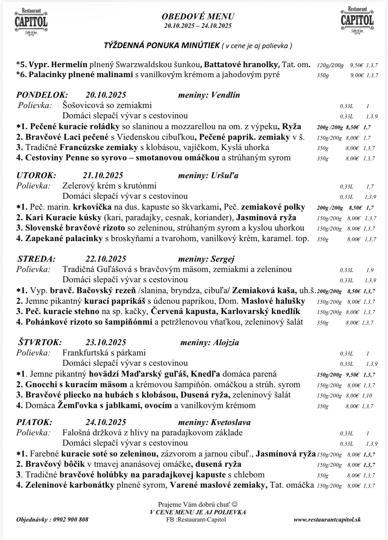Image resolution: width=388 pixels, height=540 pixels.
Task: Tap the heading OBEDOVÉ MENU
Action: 198,16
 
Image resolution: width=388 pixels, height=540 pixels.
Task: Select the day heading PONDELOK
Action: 42,95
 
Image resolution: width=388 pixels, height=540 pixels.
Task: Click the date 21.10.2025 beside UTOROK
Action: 103,175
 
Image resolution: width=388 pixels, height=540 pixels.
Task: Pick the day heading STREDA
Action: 36,259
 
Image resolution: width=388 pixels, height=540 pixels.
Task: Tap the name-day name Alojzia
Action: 226,342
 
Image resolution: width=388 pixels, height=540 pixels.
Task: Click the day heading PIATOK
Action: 34,422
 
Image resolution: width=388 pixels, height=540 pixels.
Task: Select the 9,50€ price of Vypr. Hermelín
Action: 357,65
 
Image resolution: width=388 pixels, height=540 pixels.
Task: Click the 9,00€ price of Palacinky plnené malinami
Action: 357,75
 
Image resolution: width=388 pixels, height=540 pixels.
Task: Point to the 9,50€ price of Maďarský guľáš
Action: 353,375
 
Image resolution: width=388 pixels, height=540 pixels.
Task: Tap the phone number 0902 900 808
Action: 71,519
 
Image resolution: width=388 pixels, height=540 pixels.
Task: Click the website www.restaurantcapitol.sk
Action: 327,519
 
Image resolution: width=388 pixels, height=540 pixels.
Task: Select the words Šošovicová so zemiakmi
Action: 107,105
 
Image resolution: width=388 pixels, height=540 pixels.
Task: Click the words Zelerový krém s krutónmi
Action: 109,186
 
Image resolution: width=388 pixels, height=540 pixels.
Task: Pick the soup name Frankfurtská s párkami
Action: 104,353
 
